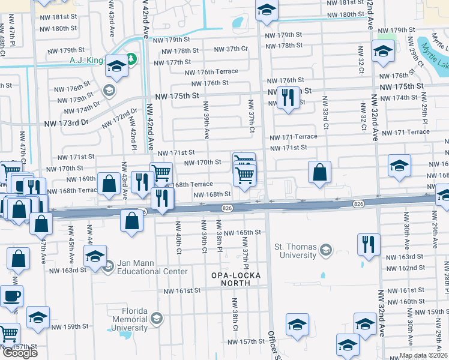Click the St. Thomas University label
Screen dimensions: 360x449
pos(295,251)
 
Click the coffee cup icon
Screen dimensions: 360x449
pos(11,295)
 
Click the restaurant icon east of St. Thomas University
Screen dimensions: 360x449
pos(367,244)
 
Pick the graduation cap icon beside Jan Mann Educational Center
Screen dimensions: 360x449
pos(95,256)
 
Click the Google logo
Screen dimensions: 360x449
pos(19,353)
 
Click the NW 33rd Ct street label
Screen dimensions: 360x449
pos(325,118)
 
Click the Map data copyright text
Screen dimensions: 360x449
pos(424,355)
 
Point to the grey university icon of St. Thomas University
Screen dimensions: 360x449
pos(326,249)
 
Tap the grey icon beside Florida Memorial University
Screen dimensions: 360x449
pos(157,317)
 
